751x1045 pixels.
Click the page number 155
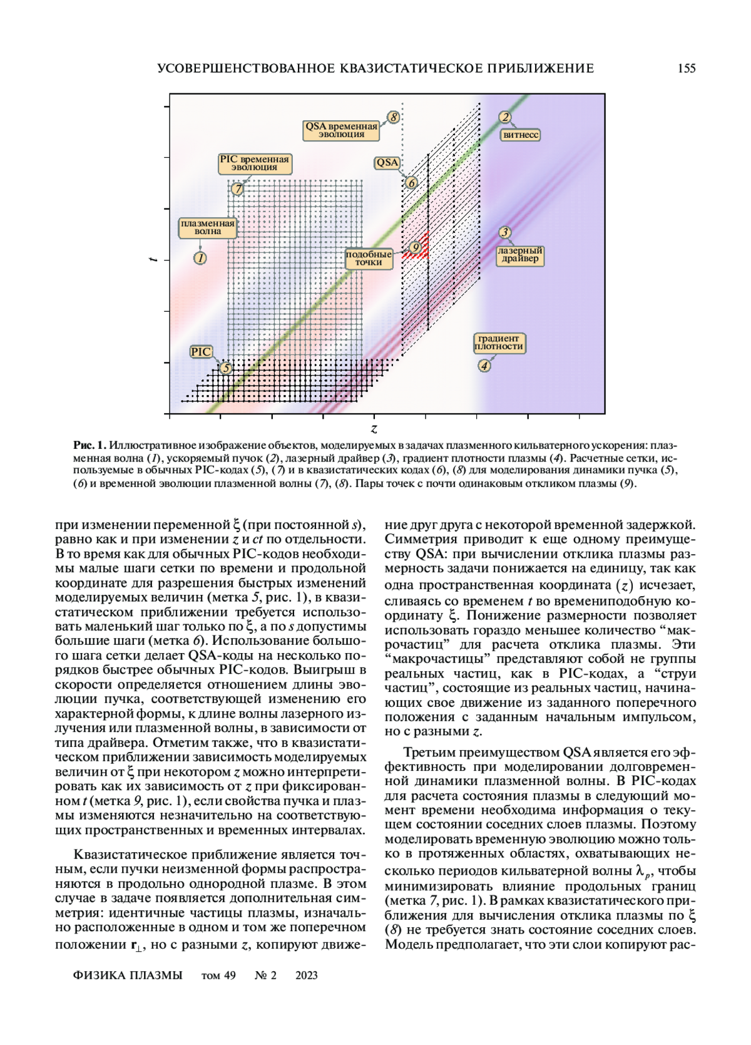coord(687,69)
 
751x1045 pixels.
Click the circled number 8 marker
coord(393,117)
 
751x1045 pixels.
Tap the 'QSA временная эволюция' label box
coord(341,130)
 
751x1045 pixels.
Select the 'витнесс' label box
coord(521,135)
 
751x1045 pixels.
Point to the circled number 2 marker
coord(505,117)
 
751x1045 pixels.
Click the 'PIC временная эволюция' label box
coord(254,163)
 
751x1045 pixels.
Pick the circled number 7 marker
coord(237,188)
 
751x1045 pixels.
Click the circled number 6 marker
coord(411,183)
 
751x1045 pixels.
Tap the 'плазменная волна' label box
coord(208,227)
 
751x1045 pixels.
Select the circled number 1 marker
coord(200,257)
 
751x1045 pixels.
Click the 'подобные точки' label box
coord(369,259)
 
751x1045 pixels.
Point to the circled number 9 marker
coord(415,248)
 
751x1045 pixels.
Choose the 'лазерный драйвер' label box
coord(520,255)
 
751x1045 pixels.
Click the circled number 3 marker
coord(504,232)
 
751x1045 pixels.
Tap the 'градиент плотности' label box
coord(499,342)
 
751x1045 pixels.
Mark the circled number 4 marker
coord(484,366)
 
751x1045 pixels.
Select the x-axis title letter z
coord(374,429)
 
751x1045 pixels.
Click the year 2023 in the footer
coord(307,975)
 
